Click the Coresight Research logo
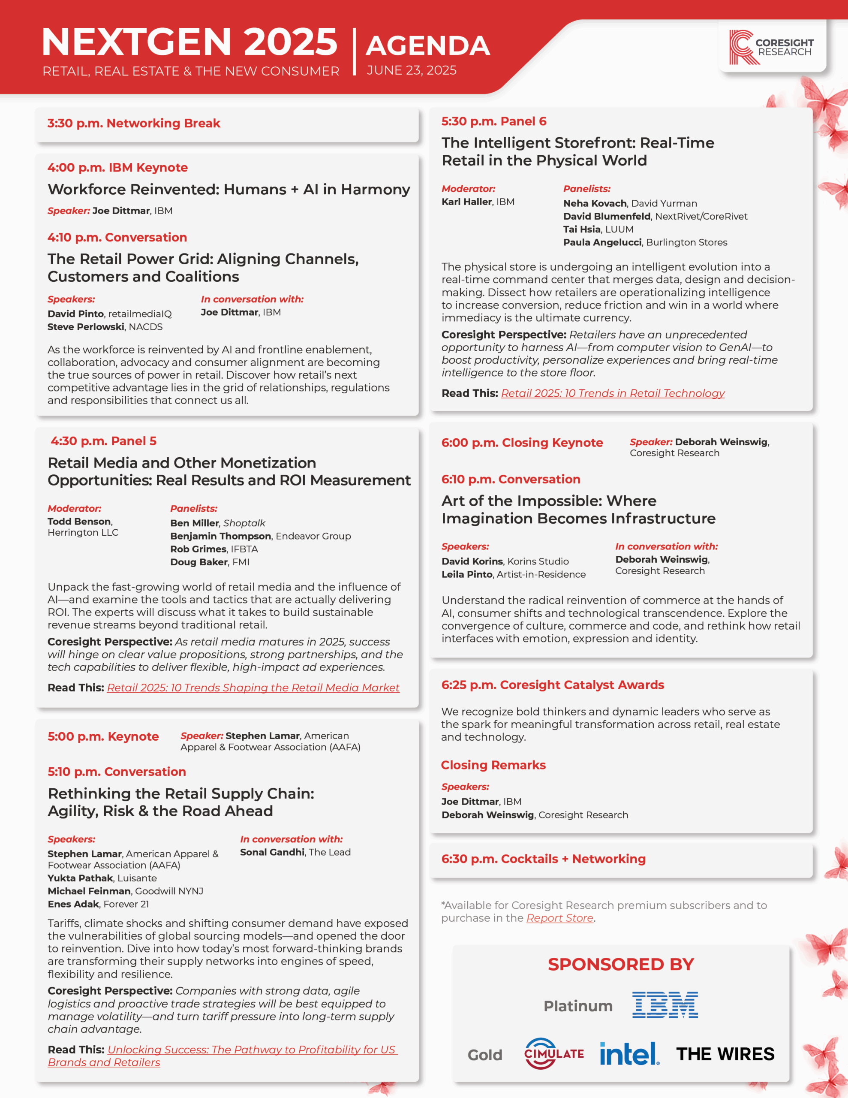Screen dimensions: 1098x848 point(771,47)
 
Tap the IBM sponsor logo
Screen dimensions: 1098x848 point(665,1005)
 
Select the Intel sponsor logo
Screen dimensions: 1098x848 point(629,1053)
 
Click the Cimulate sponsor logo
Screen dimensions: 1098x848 point(554,1053)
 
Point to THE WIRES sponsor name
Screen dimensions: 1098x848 point(725,1054)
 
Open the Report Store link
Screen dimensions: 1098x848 point(559,918)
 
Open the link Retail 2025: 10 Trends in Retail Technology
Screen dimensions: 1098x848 point(612,393)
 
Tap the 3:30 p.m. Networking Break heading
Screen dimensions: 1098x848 point(134,123)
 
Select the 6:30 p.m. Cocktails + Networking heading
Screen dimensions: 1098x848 point(543,859)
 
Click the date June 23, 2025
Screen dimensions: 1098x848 point(411,70)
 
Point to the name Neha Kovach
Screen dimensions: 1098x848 point(595,203)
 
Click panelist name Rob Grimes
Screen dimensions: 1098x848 point(198,549)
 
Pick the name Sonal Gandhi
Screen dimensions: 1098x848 point(272,852)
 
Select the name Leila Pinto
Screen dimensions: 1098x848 point(466,574)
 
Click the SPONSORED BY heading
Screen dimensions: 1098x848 point(620,964)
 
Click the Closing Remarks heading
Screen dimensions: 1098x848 point(493,765)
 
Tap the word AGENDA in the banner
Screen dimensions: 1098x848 point(427,46)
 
